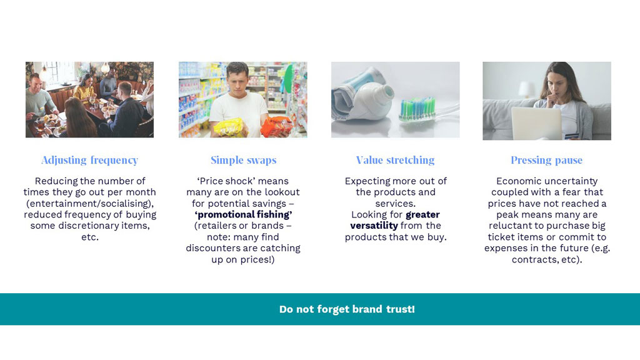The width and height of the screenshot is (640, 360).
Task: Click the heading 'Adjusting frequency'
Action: tap(90, 161)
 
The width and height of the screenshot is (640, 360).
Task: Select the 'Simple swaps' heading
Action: tap(243, 161)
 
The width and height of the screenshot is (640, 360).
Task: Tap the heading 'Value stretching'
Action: tap(395, 161)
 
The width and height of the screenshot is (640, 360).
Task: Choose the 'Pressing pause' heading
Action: tap(546, 161)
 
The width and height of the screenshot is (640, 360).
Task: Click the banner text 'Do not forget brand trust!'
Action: tap(347, 309)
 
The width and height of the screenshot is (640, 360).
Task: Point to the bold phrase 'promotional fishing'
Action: tap(243, 215)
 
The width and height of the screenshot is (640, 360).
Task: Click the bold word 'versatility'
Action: tap(374, 226)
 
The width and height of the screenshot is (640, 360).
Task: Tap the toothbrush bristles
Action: tap(417, 109)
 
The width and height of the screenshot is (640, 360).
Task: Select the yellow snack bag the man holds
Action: tap(229, 127)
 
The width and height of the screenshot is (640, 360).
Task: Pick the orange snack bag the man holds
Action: tap(277, 126)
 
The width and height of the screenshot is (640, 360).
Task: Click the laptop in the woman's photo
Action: tap(536, 123)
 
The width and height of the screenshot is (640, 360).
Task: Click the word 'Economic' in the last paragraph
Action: tap(516, 181)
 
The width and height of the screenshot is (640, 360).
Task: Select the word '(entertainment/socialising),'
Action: tap(90, 204)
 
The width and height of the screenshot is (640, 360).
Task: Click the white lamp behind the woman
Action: tap(526, 89)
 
